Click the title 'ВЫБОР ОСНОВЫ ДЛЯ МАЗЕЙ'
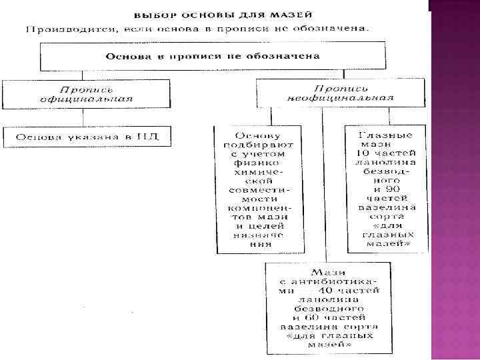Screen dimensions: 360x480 [x=224, y=14]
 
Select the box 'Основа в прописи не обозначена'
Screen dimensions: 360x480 [x=214, y=55]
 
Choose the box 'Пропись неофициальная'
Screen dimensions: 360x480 [x=340, y=93]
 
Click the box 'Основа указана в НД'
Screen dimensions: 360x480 [x=86, y=137]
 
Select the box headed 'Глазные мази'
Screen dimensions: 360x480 [x=386, y=188]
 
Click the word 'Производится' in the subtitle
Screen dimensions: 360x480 [x=60, y=29]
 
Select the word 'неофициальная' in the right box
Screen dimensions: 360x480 [x=340, y=97]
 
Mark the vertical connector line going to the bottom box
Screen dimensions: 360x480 [x=323, y=187]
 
